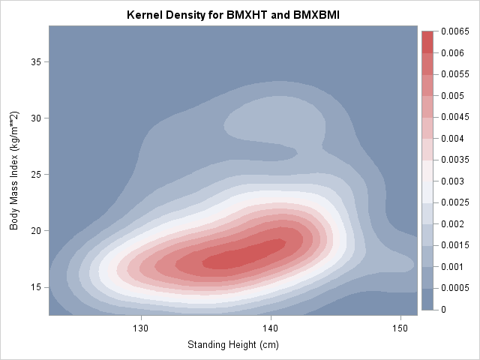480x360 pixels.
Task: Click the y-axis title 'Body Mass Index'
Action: pyautogui.click(x=14, y=171)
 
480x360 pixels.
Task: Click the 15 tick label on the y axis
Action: pyautogui.click(x=35, y=287)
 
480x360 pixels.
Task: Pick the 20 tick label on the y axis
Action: pyautogui.click(x=35, y=231)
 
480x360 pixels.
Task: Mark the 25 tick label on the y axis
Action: pyautogui.click(x=35, y=174)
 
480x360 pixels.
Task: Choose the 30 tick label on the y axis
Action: pyautogui.click(x=35, y=118)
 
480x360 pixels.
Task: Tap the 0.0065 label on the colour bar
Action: pyautogui.click(x=455, y=31)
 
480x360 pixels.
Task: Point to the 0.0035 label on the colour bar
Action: pyautogui.click(x=455, y=160)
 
